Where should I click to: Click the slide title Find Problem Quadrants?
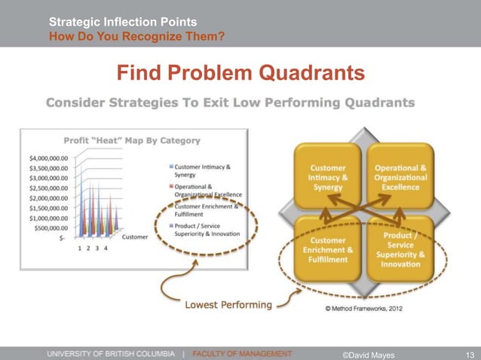240,73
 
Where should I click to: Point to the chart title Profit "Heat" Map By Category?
132,140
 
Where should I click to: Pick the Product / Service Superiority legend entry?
205,228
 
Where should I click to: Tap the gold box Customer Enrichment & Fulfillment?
328,248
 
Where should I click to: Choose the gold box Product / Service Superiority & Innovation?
400,248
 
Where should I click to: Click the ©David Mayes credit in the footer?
369,353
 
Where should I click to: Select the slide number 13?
470,353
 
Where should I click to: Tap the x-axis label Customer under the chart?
135,237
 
